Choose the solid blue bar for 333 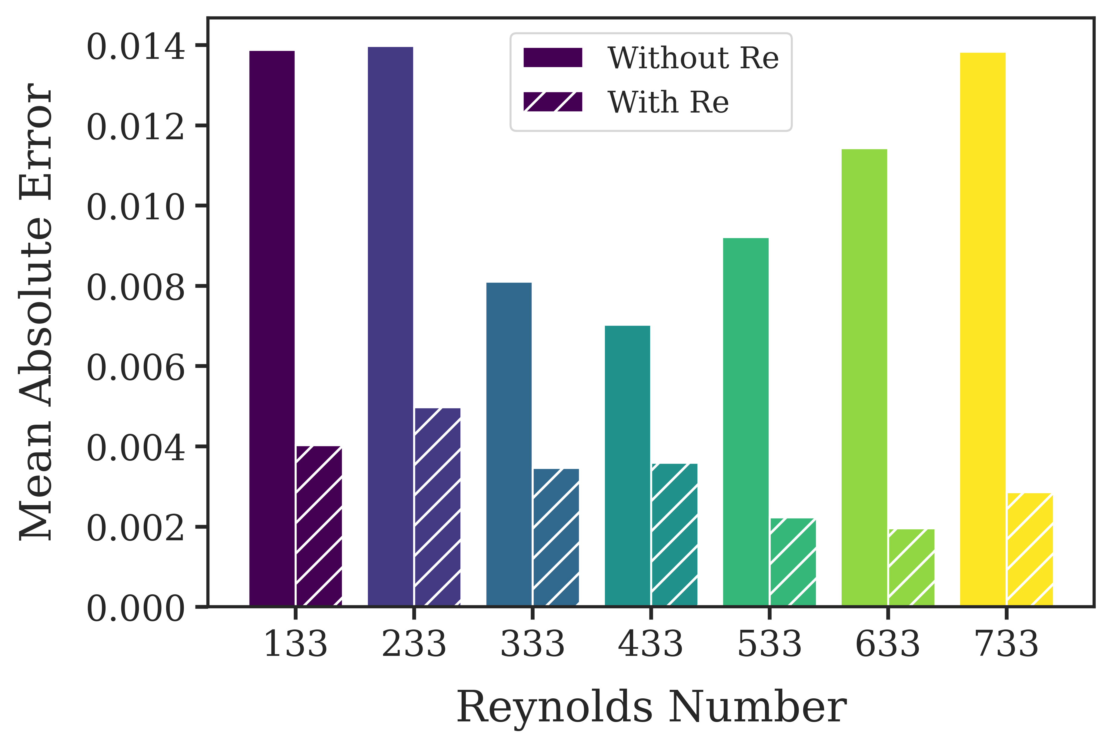coord(509,444)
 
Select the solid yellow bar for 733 coord(982,329)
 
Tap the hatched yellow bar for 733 coord(1030,549)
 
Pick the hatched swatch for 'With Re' coord(553,102)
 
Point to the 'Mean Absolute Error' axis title coord(36,312)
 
